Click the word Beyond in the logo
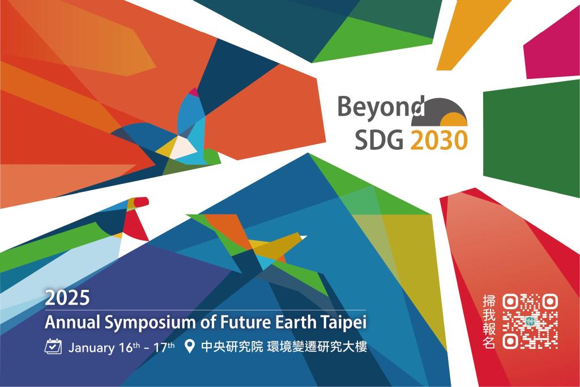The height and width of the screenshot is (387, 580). tap(381, 107)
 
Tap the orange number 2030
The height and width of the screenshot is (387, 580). tap(439, 141)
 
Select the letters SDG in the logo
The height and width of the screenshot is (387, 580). tap(379, 141)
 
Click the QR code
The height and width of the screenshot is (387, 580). tap(530, 321)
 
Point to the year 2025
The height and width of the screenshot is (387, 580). tap(67, 298)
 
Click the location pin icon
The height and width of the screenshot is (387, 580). tap(189, 347)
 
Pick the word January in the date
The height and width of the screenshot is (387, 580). tap(92, 348)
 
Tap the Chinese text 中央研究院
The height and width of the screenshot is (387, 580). tap(232, 347)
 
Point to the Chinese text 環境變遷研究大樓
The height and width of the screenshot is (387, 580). tap(317, 347)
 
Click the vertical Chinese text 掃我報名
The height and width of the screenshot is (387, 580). tap(489, 322)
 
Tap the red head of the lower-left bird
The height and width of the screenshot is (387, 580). tap(141, 201)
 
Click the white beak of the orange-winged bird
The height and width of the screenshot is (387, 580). tap(303, 237)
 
